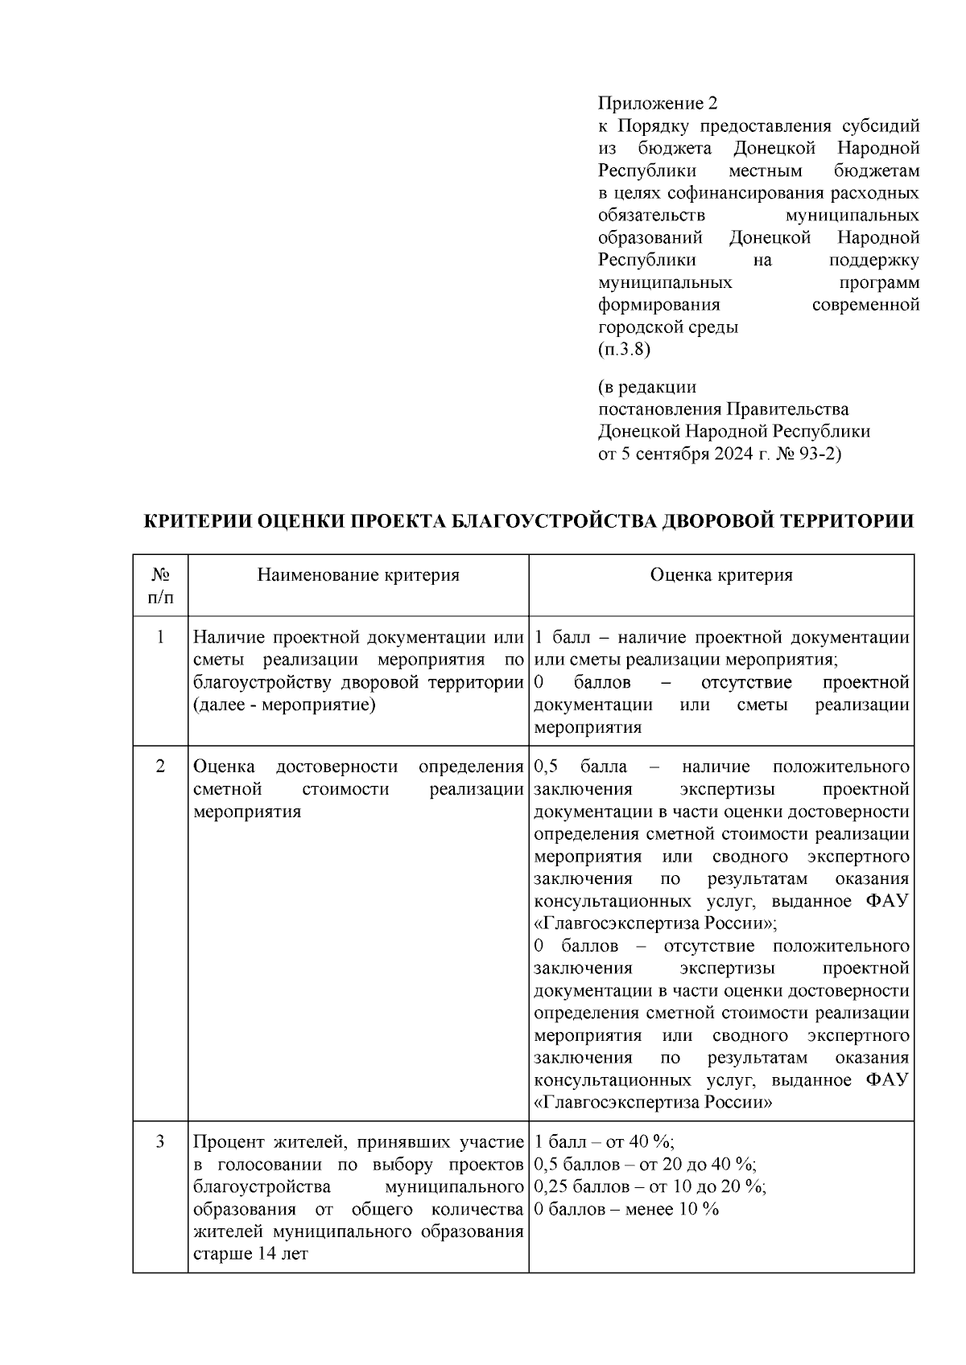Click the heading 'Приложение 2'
tap(656, 103)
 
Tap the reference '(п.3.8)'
tap(623, 350)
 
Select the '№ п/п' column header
tap(160, 586)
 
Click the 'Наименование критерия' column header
tap(358, 574)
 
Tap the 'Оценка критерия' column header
tap(721, 574)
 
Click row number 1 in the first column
tap(160, 638)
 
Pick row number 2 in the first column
tap(160, 767)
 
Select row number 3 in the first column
tap(160, 1142)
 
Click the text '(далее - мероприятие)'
tap(285, 705)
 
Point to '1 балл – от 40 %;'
tap(604, 1142)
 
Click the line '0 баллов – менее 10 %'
tap(626, 1210)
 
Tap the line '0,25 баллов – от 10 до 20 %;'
tap(650, 1187)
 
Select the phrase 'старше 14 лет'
tap(250, 1255)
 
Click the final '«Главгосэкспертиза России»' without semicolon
tap(653, 1103)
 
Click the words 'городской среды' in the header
tap(668, 327)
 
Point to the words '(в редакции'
tap(646, 388)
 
